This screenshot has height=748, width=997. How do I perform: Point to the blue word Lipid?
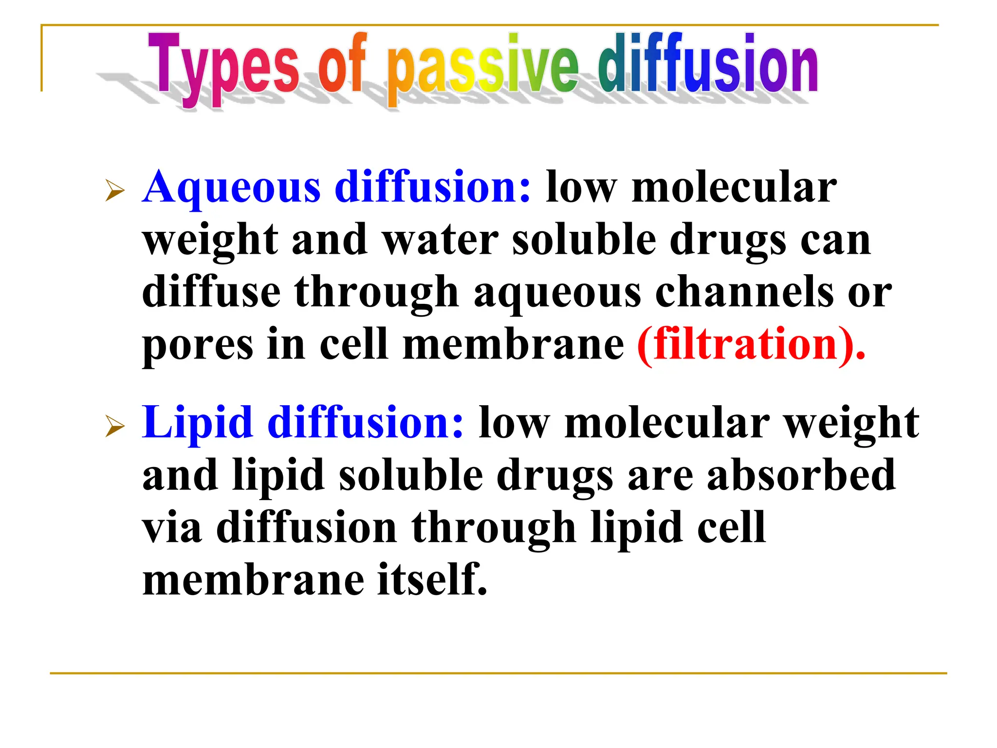point(198,423)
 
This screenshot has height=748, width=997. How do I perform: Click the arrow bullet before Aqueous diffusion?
point(115,190)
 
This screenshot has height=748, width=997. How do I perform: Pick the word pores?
point(198,346)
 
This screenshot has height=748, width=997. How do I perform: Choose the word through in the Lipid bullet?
point(494,529)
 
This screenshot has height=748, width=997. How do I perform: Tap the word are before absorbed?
point(660,476)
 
